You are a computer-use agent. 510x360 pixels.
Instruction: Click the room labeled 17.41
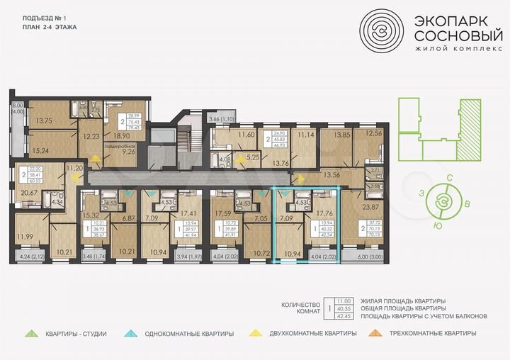(x=188, y=213)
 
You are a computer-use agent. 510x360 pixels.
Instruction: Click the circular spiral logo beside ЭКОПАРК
(x=382, y=30)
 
